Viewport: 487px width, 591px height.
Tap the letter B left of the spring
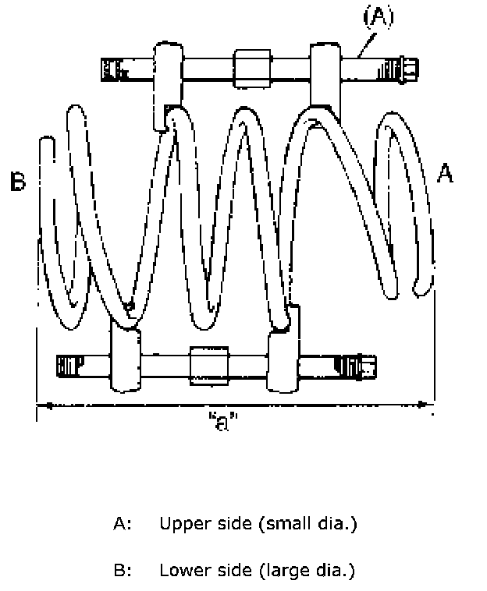coord(18,183)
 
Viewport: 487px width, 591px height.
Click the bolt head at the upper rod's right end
coord(407,68)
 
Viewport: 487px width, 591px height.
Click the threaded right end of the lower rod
coord(355,364)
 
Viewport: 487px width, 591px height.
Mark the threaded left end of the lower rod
coord(71,364)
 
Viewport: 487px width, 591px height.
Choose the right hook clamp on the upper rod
coord(323,74)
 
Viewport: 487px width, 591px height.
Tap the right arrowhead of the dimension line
coord(423,404)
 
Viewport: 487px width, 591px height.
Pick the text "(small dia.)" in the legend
coord(307,523)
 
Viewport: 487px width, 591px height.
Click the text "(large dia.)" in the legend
coord(305,571)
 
